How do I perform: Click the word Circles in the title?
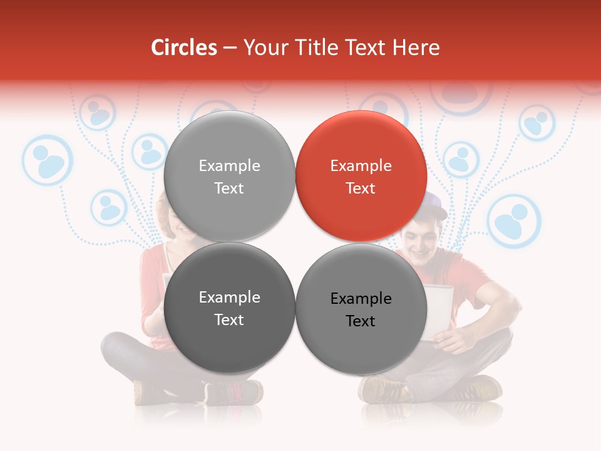pos(183,48)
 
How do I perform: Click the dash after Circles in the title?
pos(229,48)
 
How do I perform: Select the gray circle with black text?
pos(361,308)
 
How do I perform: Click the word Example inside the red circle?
pos(361,166)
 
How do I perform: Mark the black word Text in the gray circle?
pos(361,321)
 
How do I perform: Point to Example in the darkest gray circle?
pos(229,298)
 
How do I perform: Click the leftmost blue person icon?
pos(48,160)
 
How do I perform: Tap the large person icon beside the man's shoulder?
pos(514,221)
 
